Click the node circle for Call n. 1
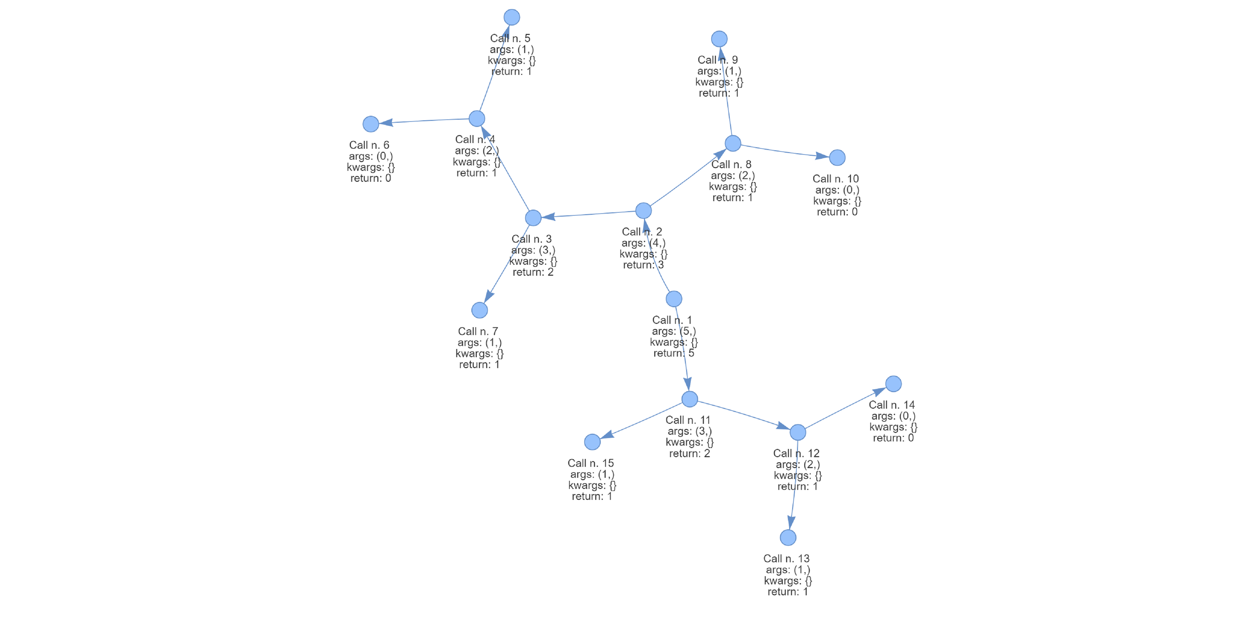click(x=674, y=299)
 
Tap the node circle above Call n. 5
click(x=512, y=17)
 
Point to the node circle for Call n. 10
click(x=837, y=157)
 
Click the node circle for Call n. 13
click(x=788, y=537)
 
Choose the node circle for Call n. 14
click(x=894, y=384)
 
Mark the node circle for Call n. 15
click(x=592, y=442)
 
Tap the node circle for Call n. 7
click(x=480, y=310)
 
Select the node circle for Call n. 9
click(x=719, y=38)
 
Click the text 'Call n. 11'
click(x=688, y=420)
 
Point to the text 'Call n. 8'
click(x=731, y=164)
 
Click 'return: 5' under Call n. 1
click(x=673, y=353)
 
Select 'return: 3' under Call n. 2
click(x=643, y=265)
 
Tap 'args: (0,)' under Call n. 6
click(x=371, y=156)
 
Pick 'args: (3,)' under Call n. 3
click(x=533, y=250)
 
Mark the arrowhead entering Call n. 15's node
click(x=607, y=435)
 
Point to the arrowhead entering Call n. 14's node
click(x=879, y=391)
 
